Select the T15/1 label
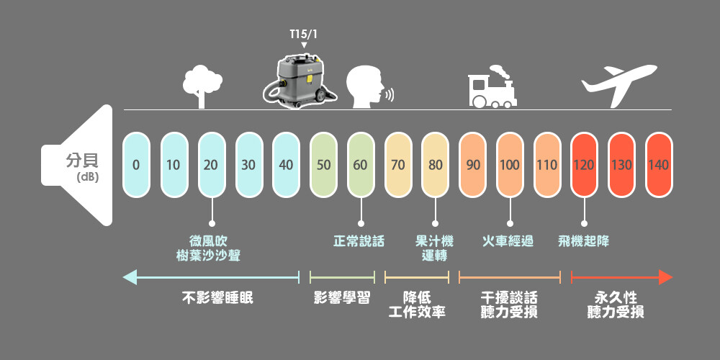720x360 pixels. [303, 35]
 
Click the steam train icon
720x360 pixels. [492, 86]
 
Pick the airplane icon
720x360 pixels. [618, 79]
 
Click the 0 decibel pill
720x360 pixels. [136, 165]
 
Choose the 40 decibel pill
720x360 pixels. [286, 165]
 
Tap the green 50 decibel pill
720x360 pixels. [323, 165]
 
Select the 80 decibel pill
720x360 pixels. [436, 165]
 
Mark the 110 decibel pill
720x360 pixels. [547, 165]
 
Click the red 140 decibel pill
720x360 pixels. [659, 165]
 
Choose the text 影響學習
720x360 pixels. [342, 298]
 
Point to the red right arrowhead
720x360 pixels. [665, 277]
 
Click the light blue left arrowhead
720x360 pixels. [130, 277]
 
